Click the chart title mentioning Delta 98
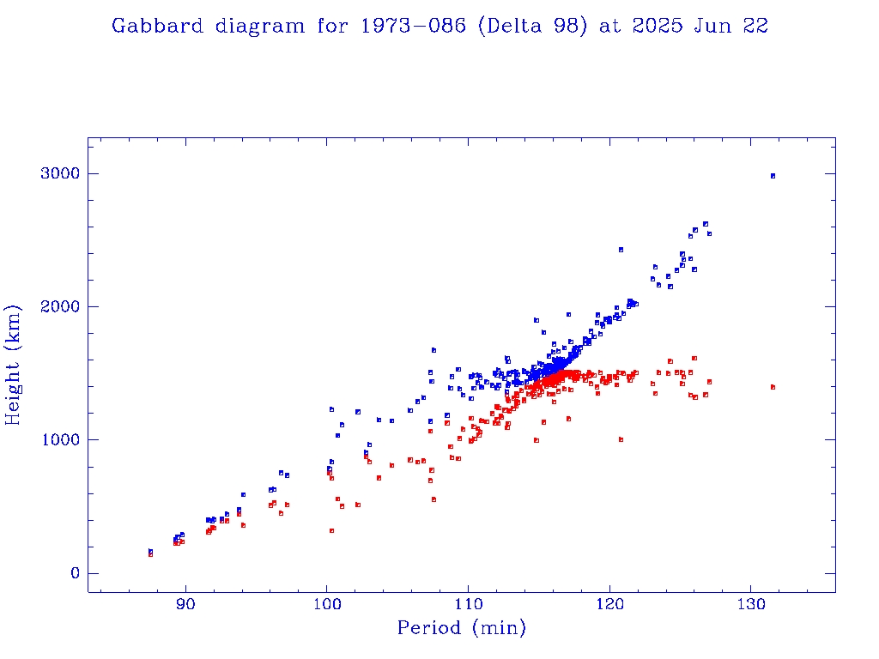439,26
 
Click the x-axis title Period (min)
461,628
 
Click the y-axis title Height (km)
14,365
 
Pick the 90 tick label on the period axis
185,606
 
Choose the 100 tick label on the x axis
326,606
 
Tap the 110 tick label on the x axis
468,606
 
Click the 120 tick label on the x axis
609,606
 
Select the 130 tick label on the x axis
751,606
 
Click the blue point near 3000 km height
773,176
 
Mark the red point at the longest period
773,387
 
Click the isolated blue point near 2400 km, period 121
621,250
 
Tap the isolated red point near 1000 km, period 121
621,439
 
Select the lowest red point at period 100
331,530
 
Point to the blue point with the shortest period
150,552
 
